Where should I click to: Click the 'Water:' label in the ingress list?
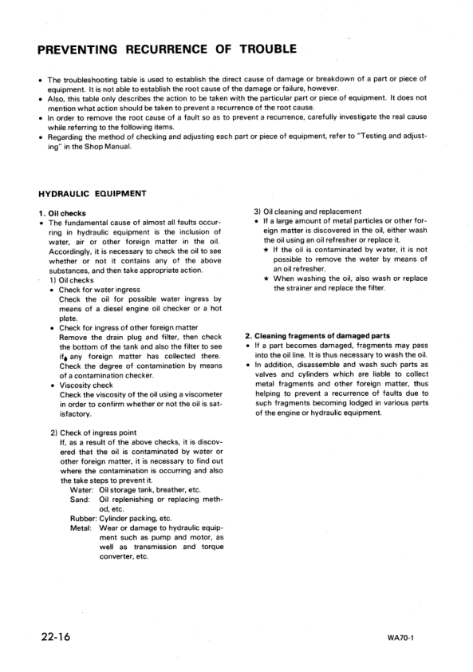click(x=82, y=489)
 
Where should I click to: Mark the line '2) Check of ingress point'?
click(x=89, y=432)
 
